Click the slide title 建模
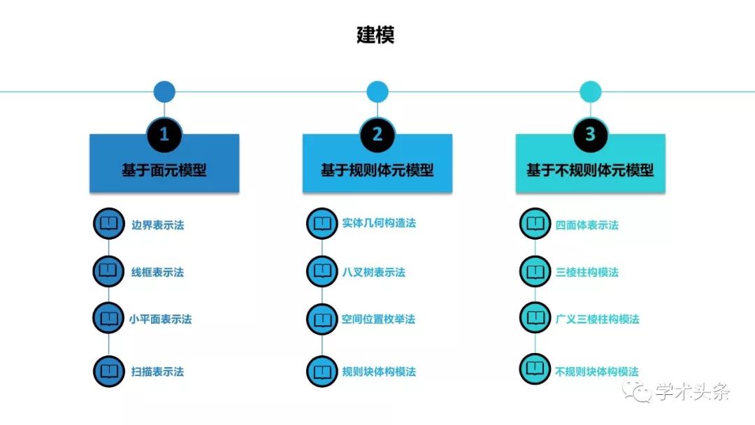pyautogui.click(x=375, y=35)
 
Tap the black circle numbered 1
pyautogui.click(x=164, y=134)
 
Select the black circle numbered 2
pyautogui.click(x=377, y=134)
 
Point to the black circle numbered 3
pyautogui.click(x=590, y=134)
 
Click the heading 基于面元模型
pyautogui.click(x=164, y=170)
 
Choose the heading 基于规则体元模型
pyautogui.click(x=377, y=170)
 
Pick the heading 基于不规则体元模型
pyautogui.click(x=590, y=170)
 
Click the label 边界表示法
pyautogui.click(x=158, y=225)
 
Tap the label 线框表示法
pyautogui.click(x=157, y=273)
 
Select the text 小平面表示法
pyautogui.click(x=160, y=319)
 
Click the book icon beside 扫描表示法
pyautogui.click(x=109, y=372)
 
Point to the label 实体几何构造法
pyautogui.click(x=379, y=223)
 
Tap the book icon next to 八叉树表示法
pyautogui.click(x=322, y=272)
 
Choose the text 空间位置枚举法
pyautogui.click(x=378, y=319)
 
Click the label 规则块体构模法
pyautogui.click(x=379, y=372)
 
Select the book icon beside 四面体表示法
pyautogui.click(x=535, y=224)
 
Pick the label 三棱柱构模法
pyautogui.click(x=587, y=273)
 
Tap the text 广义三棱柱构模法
pyautogui.click(x=598, y=319)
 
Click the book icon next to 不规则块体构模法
pyautogui.click(x=535, y=369)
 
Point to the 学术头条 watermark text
pyautogui.click(x=692, y=391)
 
